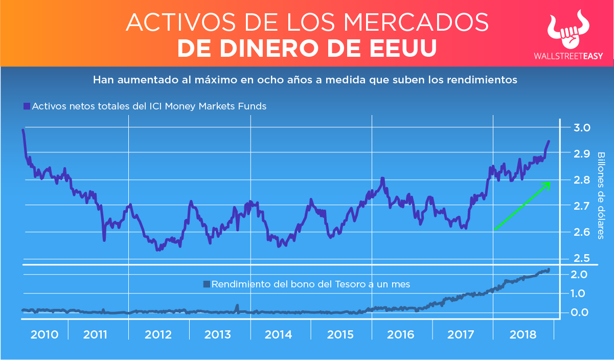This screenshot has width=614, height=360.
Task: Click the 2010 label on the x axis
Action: pos(44,335)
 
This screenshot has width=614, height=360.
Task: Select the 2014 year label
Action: pos(279,335)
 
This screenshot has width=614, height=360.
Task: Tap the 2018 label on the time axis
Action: pos(524,335)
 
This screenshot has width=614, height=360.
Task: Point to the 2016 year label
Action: pos(400,335)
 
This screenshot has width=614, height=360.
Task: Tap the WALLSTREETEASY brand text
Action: pos(568,56)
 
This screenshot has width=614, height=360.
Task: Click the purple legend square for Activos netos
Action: pos(27,106)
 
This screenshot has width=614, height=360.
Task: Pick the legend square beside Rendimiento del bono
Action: pos(207,284)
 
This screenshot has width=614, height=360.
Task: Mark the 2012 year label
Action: pos(158,335)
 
